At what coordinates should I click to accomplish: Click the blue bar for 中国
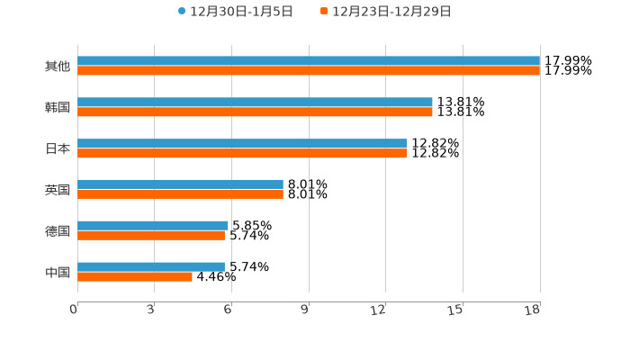pos(151,266)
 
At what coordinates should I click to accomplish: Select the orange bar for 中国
pos(135,276)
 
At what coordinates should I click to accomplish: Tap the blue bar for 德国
pos(153,225)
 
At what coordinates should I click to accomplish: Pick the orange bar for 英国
pos(180,193)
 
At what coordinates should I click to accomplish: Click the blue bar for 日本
pos(242,143)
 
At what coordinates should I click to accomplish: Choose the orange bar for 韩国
pos(255,112)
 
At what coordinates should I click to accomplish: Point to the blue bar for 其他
pos(309,61)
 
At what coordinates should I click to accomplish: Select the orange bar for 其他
pos(309,71)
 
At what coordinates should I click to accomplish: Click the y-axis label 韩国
pos(58,107)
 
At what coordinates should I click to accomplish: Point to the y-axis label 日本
pos(58,148)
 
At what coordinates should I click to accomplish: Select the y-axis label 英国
pos(58,189)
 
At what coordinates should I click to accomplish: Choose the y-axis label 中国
pos(58,272)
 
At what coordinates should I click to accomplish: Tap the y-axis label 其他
pos(58,66)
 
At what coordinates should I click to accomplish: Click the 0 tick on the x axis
pos(74,310)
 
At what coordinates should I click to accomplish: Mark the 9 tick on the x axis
pos(305,310)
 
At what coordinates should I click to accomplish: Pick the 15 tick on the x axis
pos(456,310)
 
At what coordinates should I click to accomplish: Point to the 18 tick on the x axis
pos(534,310)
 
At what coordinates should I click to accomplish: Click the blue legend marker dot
pos(182,12)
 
